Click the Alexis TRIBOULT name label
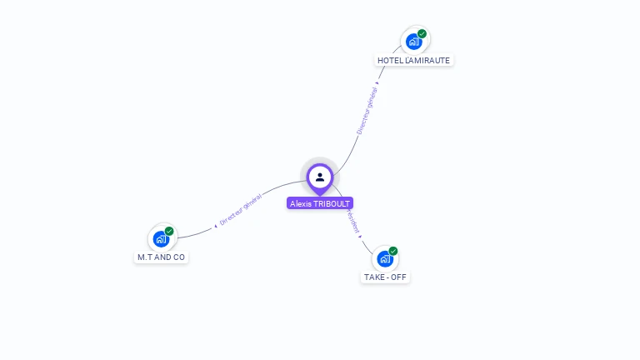[320, 203]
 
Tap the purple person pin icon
[320, 177]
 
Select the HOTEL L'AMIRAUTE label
[413, 60]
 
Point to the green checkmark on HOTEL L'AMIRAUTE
[422, 34]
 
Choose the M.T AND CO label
[161, 257]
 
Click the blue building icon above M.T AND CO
[161, 239]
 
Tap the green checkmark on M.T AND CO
[169, 232]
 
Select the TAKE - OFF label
[386, 277]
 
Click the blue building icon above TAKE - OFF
[385, 258]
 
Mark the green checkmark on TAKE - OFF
[393, 251]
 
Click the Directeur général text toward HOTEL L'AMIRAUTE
[367, 111]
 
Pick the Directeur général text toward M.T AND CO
[241, 209]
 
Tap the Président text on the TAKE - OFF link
[354, 222]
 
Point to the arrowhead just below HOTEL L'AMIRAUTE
[377, 82]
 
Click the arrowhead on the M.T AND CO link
[216, 225]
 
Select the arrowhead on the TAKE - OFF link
[360, 236]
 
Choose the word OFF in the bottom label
[399, 277]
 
